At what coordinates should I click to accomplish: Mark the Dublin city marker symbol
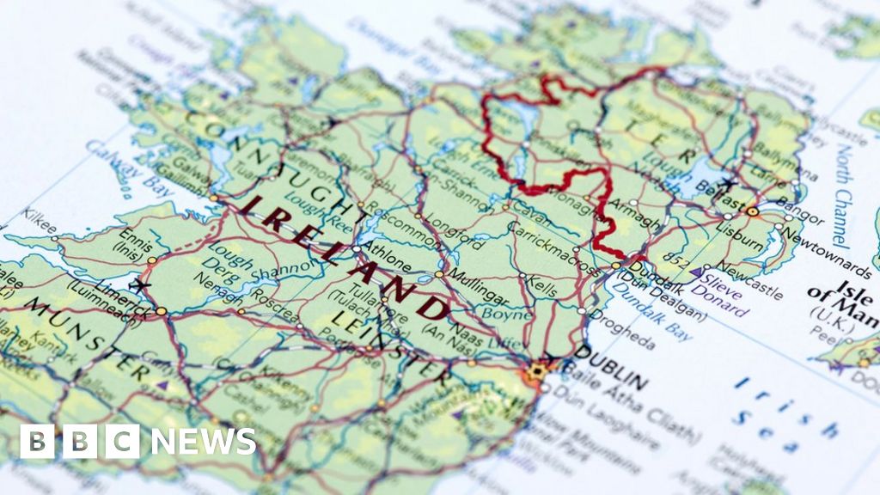539,371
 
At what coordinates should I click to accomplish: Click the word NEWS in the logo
203,441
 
